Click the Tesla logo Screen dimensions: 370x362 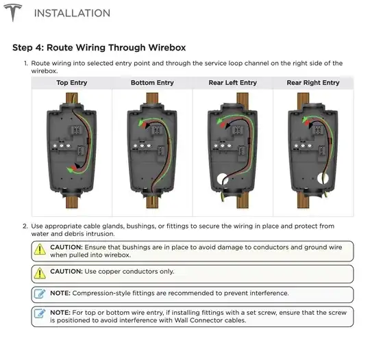coord(13,12)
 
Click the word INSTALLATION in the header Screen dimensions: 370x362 coord(72,13)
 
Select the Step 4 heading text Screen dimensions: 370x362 coord(99,48)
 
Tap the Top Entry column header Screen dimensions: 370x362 coord(72,83)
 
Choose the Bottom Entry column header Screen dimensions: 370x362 coord(152,83)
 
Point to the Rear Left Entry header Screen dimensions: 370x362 coord(233,83)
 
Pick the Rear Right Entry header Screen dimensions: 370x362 coord(313,83)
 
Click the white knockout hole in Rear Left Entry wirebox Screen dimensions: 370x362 coord(222,179)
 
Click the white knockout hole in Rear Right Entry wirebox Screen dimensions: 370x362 coord(323,179)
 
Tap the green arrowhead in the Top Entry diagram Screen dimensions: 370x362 coord(70,170)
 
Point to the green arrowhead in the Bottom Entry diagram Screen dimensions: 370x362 coord(141,122)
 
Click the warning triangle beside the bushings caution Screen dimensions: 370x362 coord(40,249)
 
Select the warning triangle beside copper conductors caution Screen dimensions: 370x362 coord(40,273)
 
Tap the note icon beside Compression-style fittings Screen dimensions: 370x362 coord(40,294)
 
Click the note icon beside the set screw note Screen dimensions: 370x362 coord(40,313)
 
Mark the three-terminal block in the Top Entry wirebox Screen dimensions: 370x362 coord(62,146)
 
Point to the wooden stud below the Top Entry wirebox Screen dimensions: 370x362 coord(72,202)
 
